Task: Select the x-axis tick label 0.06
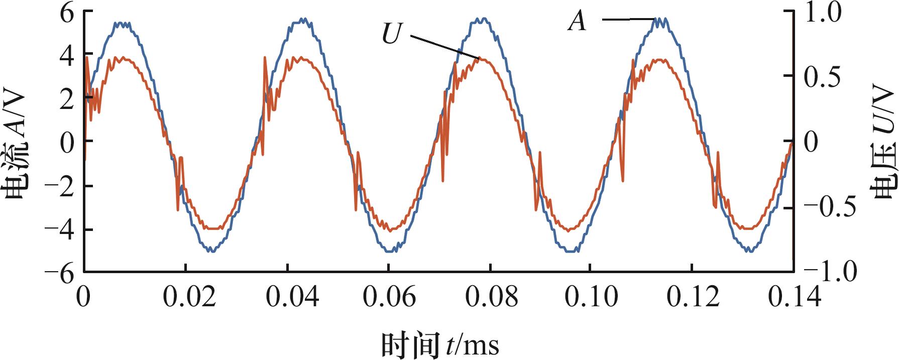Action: click(389, 297)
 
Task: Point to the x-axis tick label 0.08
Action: click(491, 297)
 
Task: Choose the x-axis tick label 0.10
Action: click(591, 297)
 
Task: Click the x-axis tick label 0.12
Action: click(693, 297)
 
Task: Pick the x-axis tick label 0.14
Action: click(795, 297)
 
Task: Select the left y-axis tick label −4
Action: click(59, 230)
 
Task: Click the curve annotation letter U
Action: click(392, 35)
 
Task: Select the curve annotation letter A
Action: click(577, 22)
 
